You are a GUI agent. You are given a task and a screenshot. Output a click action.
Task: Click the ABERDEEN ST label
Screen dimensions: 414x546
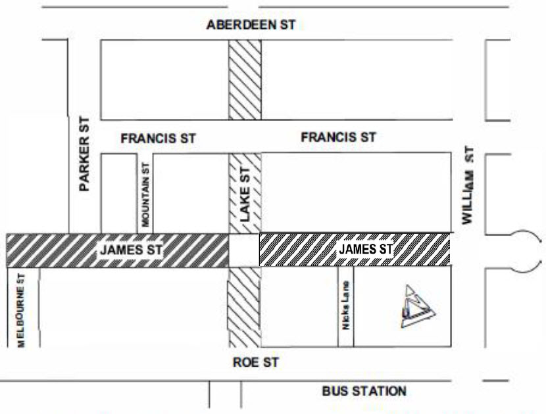pyautogui.click(x=251, y=25)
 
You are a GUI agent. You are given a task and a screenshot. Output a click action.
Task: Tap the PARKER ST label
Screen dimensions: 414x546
pyautogui.click(x=84, y=158)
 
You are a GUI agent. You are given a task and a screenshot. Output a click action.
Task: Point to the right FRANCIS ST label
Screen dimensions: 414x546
pyautogui.click(x=338, y=137)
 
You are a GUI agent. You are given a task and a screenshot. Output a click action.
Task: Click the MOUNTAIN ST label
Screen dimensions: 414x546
pyautogui.click(x=146, y=191)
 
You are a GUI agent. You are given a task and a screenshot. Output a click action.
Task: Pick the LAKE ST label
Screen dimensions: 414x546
pyautogui.click(x=244, y=192)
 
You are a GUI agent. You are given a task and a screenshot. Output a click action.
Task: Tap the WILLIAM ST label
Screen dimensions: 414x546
pyautogui.click(x=468, y=186)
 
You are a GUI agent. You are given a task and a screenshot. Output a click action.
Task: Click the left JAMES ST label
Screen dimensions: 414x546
pyautogui.click(x=130, y=250)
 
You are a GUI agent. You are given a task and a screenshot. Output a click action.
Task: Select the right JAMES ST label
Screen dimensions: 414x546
pyautogui.click(x=365, y=249)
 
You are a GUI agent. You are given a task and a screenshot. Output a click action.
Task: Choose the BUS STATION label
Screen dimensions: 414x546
pyautogui.click(x=364, y=392)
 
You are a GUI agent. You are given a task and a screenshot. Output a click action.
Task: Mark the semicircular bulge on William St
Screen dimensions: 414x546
pyautogui.click(x=527, y=250)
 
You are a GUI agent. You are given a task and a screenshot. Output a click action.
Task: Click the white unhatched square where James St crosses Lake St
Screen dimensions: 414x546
pyautogui.click(x=244, y=250)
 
